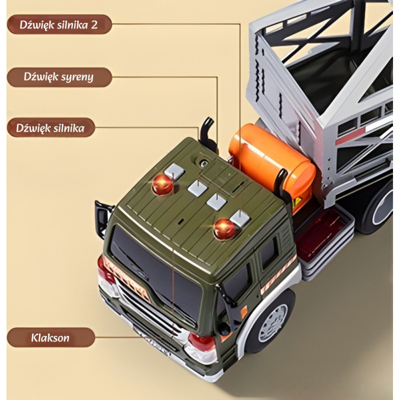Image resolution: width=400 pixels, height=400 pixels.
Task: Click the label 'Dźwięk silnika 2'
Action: pyautogui.click(x=59, y=24)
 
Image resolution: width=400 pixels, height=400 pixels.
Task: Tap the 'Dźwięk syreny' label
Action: pyautogui.click(x=59, y=77)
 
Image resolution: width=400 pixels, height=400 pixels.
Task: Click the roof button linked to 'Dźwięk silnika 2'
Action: pyautogui.click(x=240, y=218)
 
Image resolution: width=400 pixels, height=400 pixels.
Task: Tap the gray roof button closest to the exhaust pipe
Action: pyautogui.click(x=174, y=171)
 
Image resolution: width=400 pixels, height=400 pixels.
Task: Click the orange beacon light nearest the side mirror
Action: pyautogui.click(x=162, y=184)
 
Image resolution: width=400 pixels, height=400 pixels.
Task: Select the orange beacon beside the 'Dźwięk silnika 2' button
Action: pyautogui.click(x=223, y=228)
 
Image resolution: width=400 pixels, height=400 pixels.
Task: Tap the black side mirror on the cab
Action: pyautogui.click(x=103, y=218)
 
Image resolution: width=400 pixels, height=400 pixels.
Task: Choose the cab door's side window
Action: pyautogui.click(x=269, y=252)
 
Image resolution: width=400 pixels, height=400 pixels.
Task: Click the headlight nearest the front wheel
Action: pyautogui.click(x=201, y=346)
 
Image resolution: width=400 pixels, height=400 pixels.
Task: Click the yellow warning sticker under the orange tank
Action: pyautogui.click(x=297, y=203)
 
